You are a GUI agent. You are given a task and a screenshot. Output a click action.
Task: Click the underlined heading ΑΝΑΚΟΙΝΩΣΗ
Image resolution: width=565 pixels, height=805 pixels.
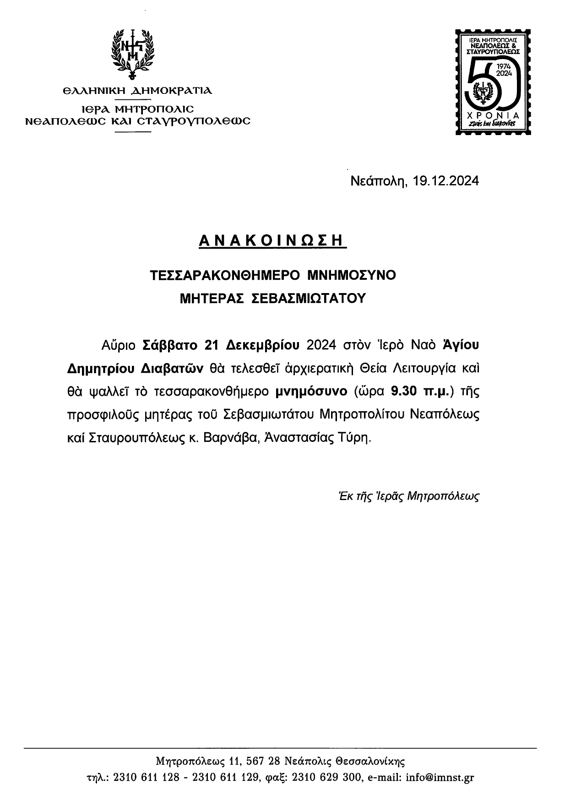coord(272,241)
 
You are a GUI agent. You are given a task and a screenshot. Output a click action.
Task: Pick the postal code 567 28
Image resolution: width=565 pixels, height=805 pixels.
coord(263,761)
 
